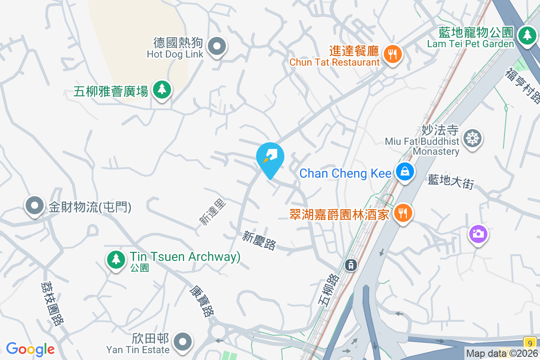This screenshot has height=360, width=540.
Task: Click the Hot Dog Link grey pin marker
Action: click(217, 46)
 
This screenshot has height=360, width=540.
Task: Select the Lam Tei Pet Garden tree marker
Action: click(526, 35)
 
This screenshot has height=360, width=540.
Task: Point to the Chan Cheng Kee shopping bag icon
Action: click(405, 171)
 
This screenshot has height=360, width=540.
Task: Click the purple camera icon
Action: click(478, 234)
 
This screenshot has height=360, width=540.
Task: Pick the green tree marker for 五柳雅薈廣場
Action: click(162, 90)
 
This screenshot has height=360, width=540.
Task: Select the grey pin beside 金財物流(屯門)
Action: click(35, 206)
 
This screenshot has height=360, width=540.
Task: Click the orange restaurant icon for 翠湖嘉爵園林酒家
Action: click(403, 212)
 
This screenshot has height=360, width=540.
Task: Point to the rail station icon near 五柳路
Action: click(351, 265)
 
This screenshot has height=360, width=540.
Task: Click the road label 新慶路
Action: click(259, 241)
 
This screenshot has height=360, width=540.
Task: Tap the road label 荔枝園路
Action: click(52, 303)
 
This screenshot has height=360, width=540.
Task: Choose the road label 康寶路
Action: click(201, 301)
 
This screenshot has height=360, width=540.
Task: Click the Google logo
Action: click(30, 349)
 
